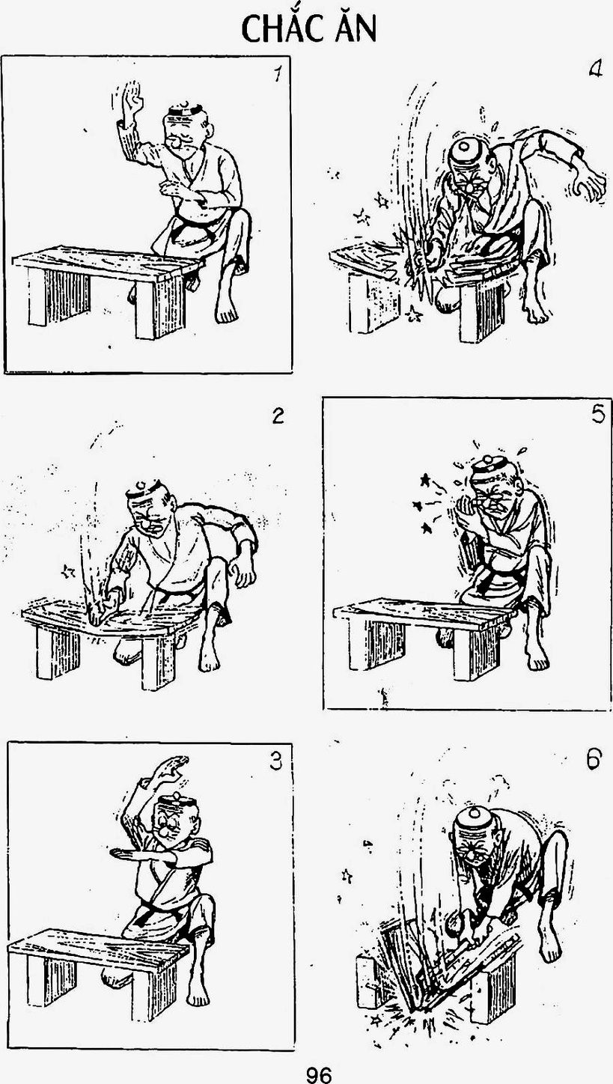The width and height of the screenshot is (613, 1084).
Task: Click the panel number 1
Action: tap(277, 75)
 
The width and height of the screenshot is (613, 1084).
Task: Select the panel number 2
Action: tap(278, 415)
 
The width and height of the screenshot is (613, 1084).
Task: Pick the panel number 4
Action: tap(596, 70)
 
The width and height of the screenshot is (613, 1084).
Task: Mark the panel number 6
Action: tap(594, 759)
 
